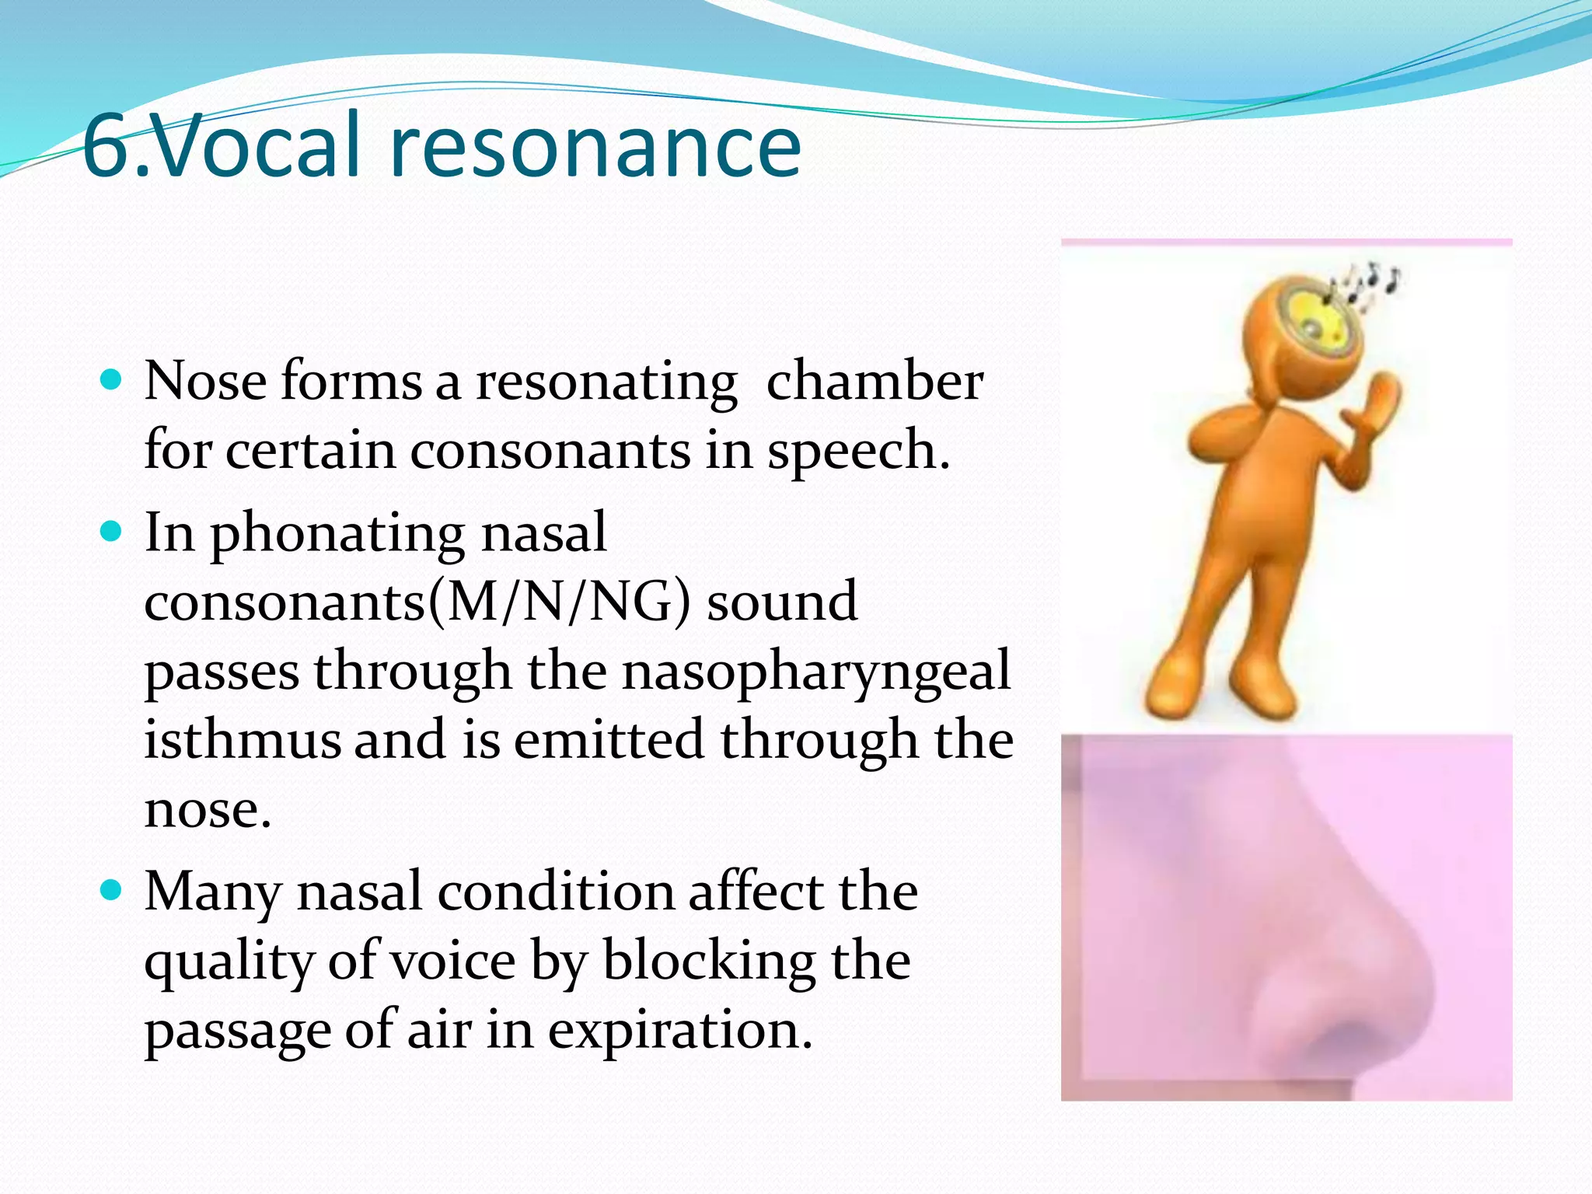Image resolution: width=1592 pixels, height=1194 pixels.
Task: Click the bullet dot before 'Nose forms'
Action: [112, 379]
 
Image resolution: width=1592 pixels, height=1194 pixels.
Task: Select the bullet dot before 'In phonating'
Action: [112, 531]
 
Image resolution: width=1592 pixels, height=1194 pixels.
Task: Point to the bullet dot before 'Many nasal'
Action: [112, 889]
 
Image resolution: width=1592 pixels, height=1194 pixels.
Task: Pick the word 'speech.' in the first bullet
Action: [858, 450]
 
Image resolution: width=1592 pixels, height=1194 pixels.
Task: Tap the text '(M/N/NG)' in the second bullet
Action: [560, 601]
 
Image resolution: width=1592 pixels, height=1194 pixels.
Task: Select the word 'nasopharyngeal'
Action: [816, 671]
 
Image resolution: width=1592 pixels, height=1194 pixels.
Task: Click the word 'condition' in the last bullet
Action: [555, 891]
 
